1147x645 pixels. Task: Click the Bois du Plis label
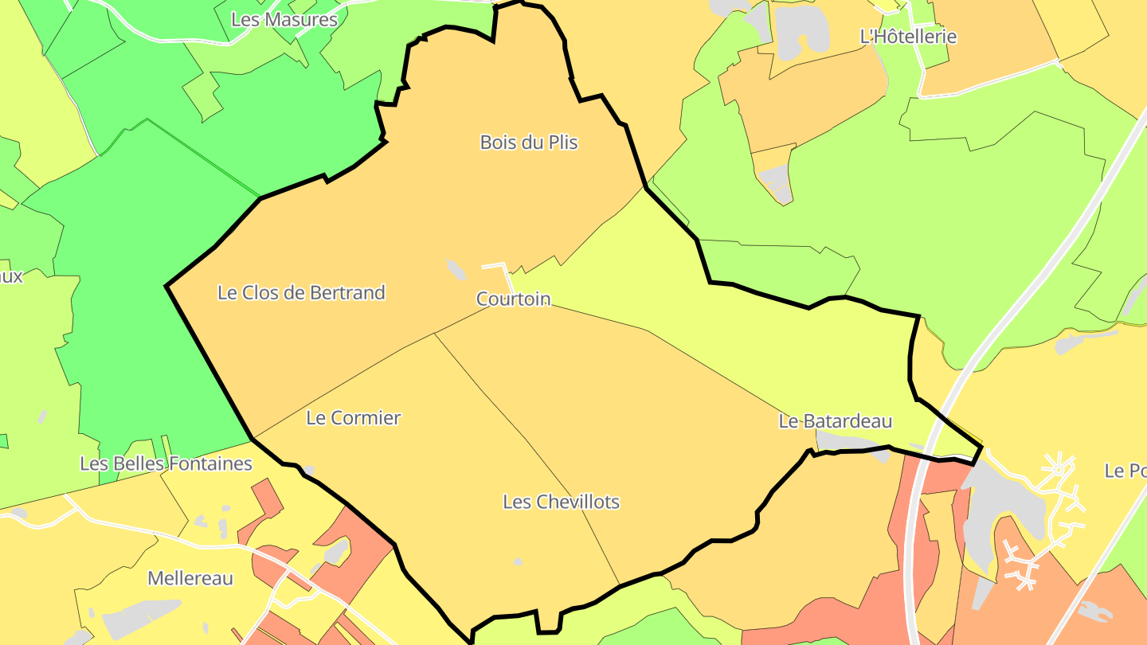click(528, 143)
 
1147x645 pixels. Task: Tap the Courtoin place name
click(513, 299)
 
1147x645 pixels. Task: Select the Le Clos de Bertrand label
click(301, 293)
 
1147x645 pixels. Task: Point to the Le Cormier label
click(353, 418)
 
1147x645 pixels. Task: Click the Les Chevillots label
click(561, 502)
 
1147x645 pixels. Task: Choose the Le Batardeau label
click(835, 421)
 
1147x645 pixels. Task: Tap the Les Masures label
click(284, 20)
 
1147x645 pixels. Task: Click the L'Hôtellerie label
click(908, 37)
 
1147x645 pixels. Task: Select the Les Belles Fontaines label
click(166, 463)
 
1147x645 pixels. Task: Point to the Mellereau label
click(190, 579)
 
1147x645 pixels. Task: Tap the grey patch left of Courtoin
click(456, 270)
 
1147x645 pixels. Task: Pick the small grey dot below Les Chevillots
click(519, 562)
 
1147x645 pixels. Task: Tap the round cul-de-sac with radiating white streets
click(1059, 470)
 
